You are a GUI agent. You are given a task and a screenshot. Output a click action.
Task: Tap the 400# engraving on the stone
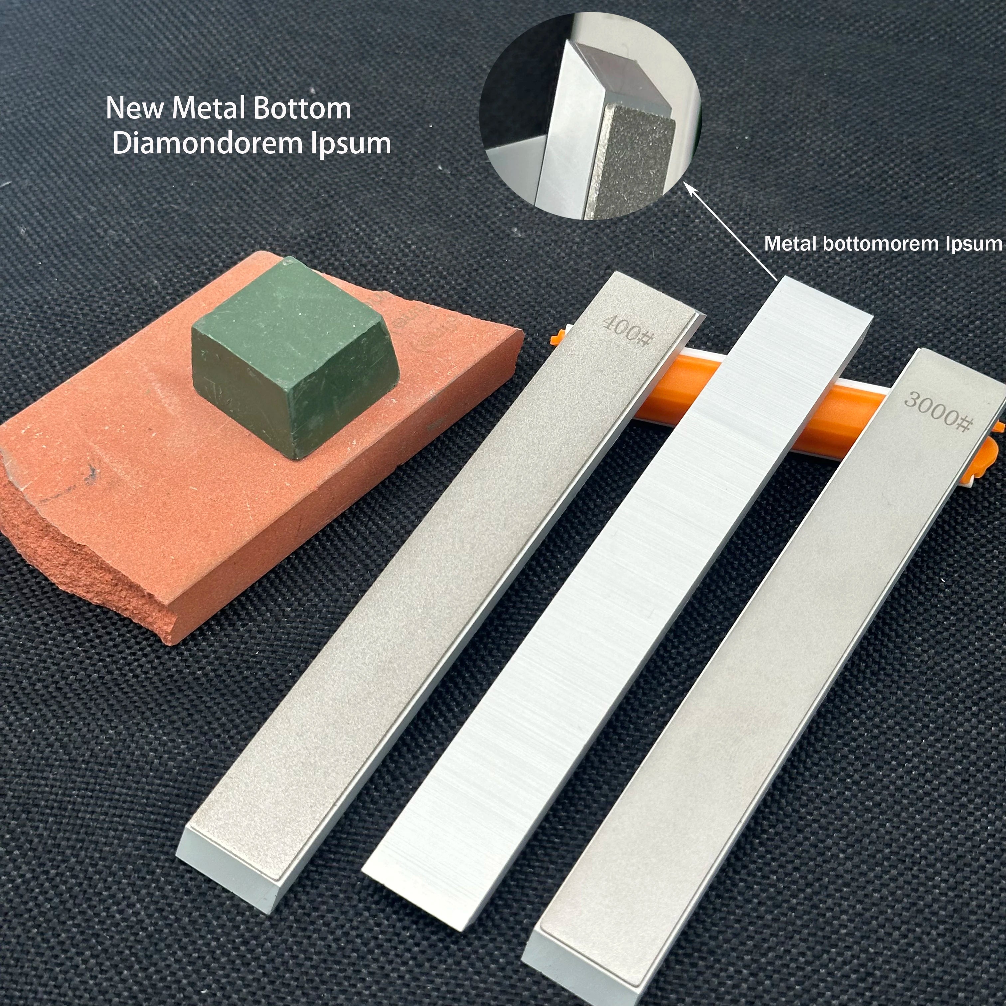628,330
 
